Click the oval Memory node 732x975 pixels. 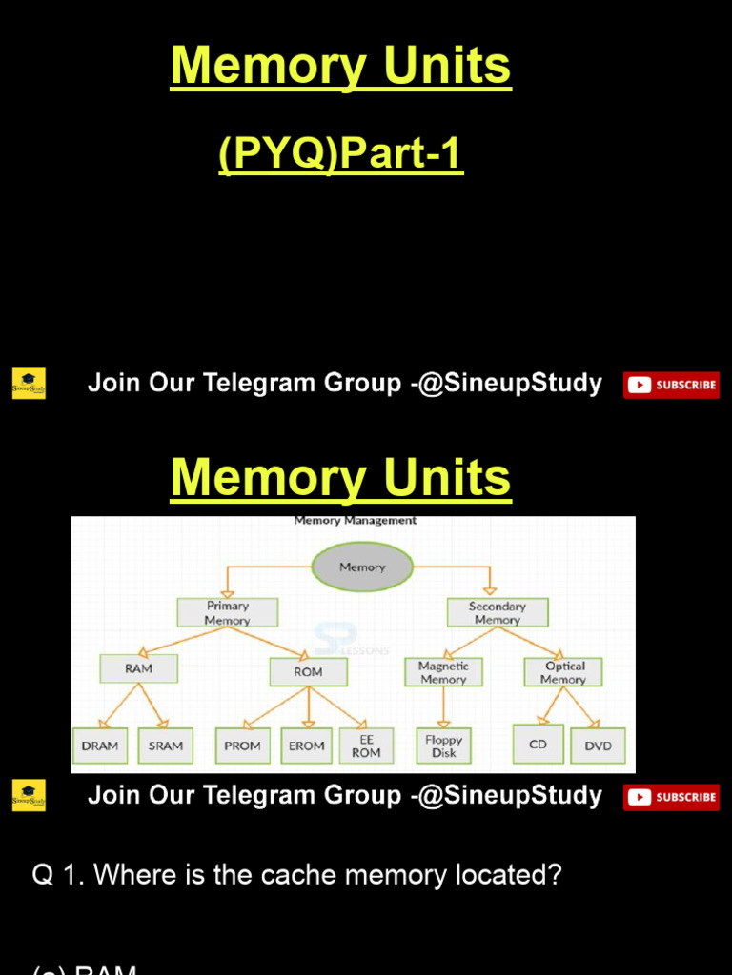(x=362, y=567)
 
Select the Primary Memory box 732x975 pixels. (x=228, y=612)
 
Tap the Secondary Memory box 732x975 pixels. (x=497, y=612)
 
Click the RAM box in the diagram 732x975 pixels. (x=138, y=668)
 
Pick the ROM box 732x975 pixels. (x=308, y=671)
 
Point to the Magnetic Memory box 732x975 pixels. (x=443, y=672)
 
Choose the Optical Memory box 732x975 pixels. (x=562, y=672)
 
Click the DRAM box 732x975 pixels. (x=100, y=746)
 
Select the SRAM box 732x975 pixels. (x=166, y=746)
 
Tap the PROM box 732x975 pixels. (x=242, y=746)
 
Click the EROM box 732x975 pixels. (x=307, y=746)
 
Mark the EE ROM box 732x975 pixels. (x=366, y=746)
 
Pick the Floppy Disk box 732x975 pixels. (x=443, y=746)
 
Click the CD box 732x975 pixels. (x=539, y=744)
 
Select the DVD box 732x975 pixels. (x=599, y=746)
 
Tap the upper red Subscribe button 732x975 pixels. (x=671, y=385)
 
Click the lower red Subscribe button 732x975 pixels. (x=671, y=797)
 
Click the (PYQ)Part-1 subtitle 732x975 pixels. (x=340, y=154)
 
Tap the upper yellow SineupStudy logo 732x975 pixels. (x=29, y=384)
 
